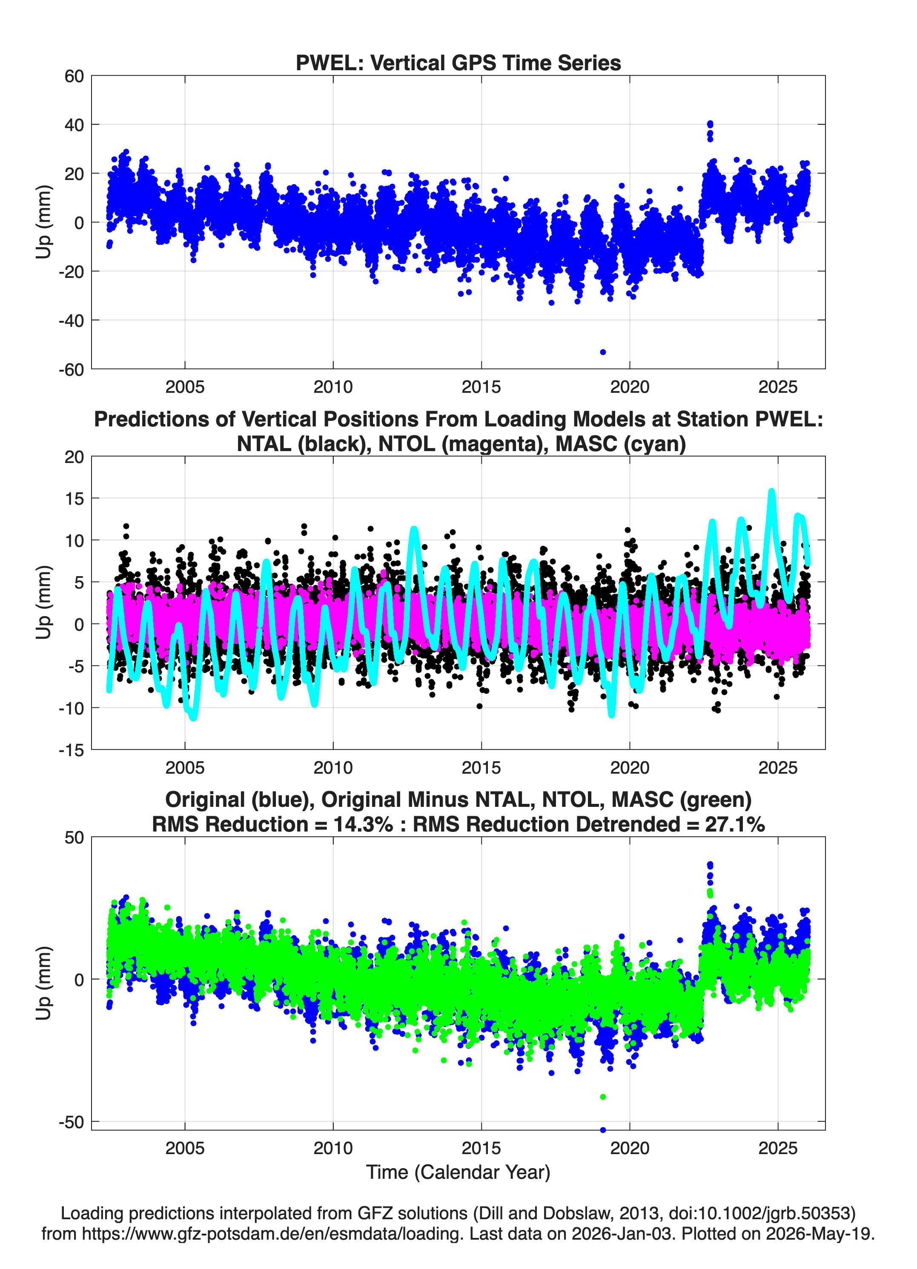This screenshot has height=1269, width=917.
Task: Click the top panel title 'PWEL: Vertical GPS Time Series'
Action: [458, 63]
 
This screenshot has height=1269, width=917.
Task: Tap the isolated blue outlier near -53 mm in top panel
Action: [603, 352]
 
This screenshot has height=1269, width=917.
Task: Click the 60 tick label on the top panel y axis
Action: [74, 76]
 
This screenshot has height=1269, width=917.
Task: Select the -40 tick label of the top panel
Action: [71, 320]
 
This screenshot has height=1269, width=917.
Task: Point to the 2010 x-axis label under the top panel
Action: [333, 387]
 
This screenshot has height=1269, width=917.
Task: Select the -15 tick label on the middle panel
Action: [71, 750]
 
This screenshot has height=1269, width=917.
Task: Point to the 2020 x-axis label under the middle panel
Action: [630, 768]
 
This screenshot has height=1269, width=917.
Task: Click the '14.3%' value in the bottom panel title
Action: [363, 824]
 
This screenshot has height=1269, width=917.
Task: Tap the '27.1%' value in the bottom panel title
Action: [735, 824]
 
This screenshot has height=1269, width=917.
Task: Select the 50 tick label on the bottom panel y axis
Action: [74, 837]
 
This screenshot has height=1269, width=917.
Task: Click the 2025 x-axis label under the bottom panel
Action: [778, 1148]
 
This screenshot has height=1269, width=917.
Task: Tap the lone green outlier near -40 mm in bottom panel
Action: [603, 1097]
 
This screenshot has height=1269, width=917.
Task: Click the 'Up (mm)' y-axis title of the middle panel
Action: [44, 603]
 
